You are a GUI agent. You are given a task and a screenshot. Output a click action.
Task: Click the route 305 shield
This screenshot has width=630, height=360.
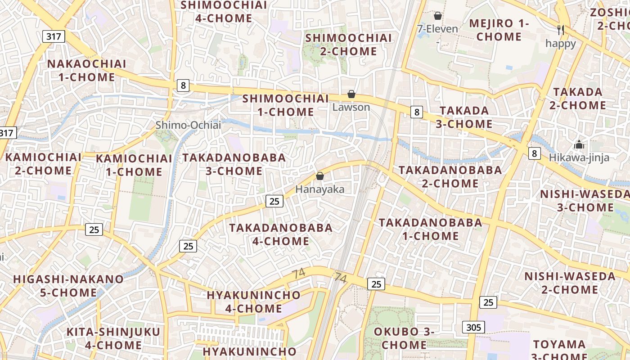[473, 327]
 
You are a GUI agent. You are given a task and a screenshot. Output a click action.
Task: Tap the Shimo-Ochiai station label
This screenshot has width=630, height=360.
[188, 125]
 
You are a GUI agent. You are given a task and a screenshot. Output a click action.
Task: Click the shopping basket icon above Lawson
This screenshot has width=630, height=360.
[351, 94]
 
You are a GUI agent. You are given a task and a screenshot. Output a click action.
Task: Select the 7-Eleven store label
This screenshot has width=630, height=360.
[437, 29]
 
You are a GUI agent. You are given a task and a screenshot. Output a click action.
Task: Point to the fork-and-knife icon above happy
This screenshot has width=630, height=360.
[560, 30]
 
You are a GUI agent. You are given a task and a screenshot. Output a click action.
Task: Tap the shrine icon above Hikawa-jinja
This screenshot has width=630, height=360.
[579, 144]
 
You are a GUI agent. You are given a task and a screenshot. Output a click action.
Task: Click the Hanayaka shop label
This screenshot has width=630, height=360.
[319, 189]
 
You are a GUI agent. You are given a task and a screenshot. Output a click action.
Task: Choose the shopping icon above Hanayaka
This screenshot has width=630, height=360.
[320, 176]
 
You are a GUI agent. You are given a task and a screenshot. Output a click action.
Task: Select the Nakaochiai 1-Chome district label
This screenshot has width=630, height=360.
[87, 70]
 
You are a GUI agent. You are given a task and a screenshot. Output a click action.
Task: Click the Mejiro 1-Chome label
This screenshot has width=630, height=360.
[499, 30]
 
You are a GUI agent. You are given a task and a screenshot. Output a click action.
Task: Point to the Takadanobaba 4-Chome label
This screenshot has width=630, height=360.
[281, 234]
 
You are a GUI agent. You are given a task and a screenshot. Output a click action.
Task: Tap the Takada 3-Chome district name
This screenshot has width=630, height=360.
[464, 117]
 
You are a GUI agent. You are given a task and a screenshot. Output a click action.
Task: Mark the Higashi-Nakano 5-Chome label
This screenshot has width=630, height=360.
[68, 286]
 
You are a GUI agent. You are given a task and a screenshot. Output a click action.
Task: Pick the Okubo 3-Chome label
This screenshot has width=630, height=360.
[404, 338]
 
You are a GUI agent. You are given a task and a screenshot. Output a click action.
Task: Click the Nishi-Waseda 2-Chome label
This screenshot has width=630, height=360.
[570, 283]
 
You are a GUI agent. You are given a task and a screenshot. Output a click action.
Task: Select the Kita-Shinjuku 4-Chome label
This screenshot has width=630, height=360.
[113, 338]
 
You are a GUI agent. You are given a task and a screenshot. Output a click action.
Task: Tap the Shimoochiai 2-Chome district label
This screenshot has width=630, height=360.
[349, 45]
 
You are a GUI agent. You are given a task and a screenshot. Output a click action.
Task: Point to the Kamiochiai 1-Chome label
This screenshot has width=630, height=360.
[134, 165]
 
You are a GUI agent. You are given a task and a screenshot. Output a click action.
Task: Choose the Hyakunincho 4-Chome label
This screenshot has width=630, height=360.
[254, 302]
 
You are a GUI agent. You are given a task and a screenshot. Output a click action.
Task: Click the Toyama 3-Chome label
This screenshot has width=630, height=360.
[559, 349]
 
